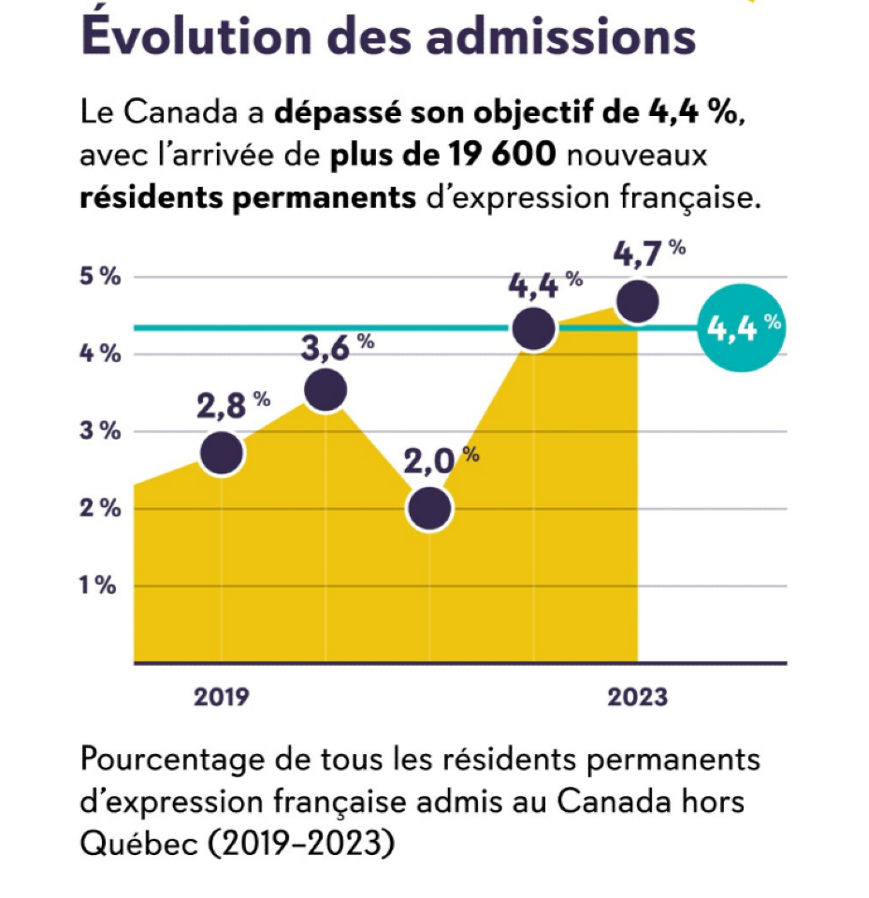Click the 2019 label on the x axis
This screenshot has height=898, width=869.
pos(222,698)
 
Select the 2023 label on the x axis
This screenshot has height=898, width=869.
pos(637,698)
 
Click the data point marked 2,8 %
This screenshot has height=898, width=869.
pos(223,453)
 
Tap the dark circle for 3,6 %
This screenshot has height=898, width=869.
pos(326,389)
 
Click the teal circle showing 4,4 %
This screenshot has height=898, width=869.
pos(743,328)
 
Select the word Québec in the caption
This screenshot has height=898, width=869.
pos(136,843)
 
